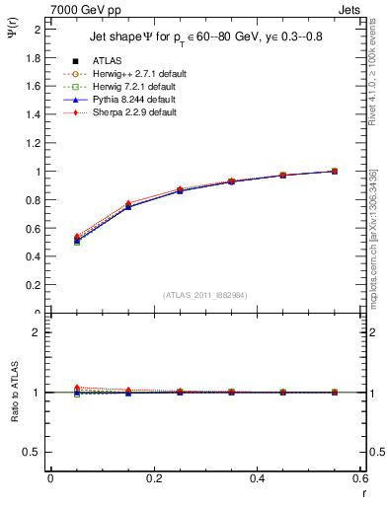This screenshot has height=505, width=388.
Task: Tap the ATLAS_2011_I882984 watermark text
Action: coord(204,294)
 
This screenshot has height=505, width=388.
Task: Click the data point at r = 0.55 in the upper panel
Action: coord(334,171)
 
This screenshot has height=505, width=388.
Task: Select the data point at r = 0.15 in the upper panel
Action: coord(127,206)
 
